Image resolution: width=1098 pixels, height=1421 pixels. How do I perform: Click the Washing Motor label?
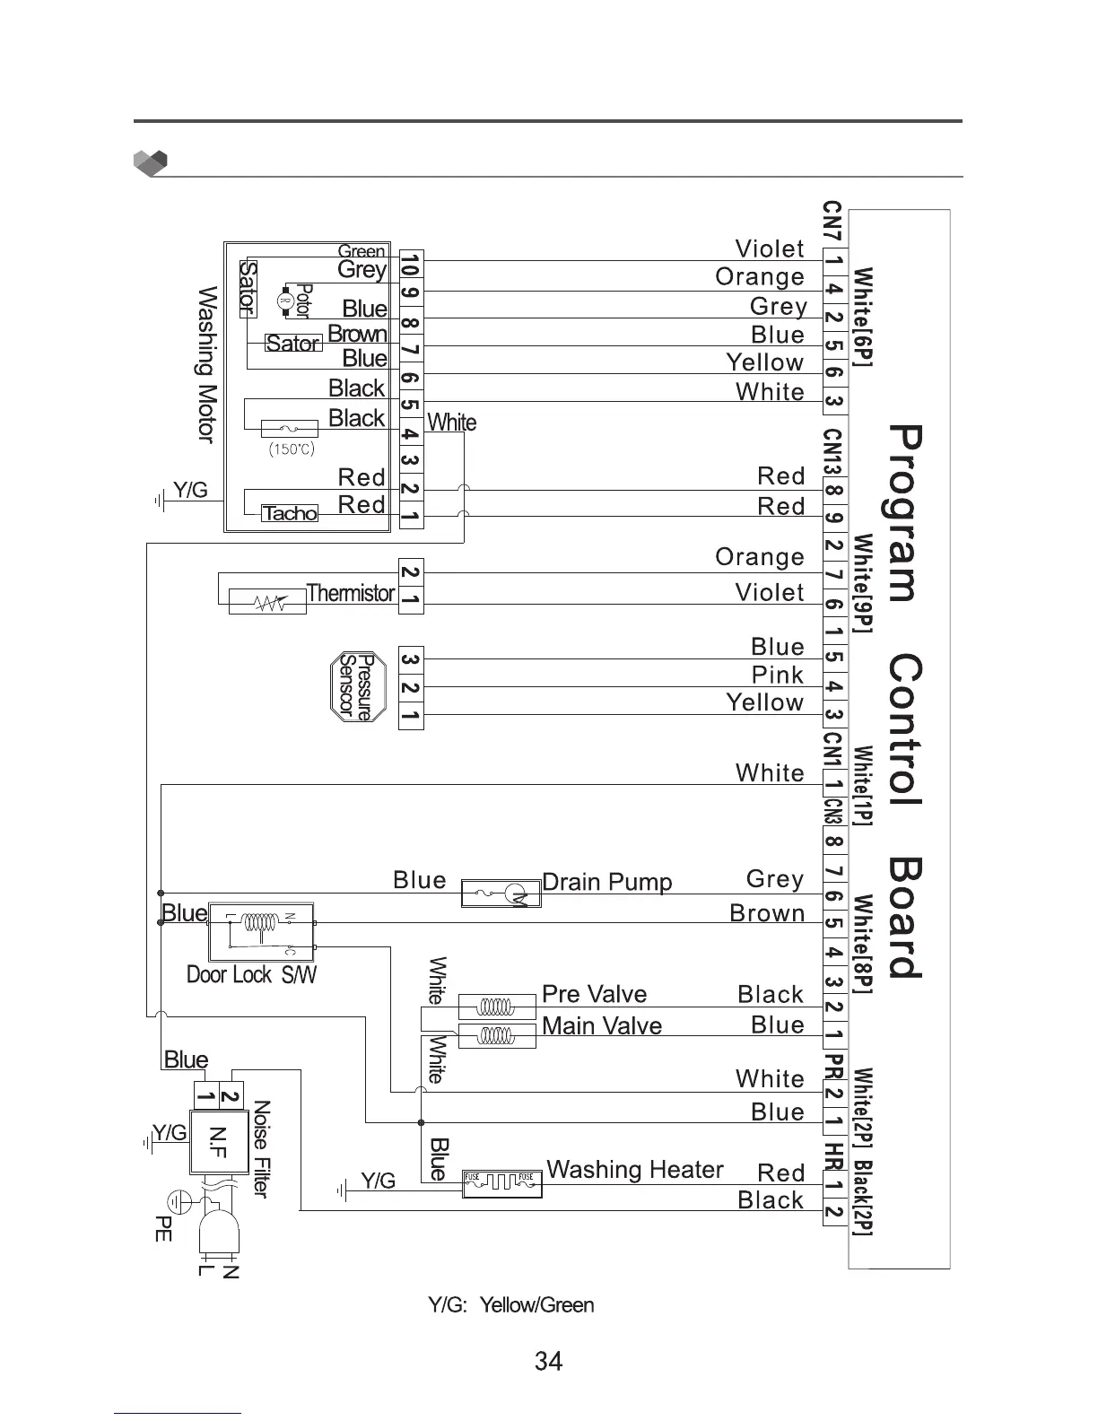207,364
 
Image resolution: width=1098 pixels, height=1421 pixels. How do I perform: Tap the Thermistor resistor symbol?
267,602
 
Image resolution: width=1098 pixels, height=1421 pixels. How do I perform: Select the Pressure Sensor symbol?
358,686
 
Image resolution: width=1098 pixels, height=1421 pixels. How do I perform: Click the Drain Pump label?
607,882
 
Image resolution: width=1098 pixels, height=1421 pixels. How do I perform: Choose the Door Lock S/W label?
251,975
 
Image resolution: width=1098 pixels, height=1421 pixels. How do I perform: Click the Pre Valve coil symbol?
496,1007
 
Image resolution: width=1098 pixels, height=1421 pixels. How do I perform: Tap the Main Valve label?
602,1025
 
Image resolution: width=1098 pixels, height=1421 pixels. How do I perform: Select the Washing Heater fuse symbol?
502,1183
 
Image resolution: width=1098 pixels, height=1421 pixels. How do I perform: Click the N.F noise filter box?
218,1141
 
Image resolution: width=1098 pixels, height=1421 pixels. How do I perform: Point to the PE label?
163,1228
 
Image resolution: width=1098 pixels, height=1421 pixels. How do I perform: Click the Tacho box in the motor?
289,513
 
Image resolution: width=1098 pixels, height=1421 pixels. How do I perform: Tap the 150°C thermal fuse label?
292,449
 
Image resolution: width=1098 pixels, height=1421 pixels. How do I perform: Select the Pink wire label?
777,675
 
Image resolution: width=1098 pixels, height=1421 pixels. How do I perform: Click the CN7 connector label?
832,222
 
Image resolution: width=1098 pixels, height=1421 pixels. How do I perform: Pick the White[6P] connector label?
862,317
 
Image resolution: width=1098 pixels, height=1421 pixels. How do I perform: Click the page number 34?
548,1362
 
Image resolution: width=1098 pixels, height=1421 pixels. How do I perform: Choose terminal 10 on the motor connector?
410,265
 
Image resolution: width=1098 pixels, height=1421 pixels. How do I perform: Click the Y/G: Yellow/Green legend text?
511,1305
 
